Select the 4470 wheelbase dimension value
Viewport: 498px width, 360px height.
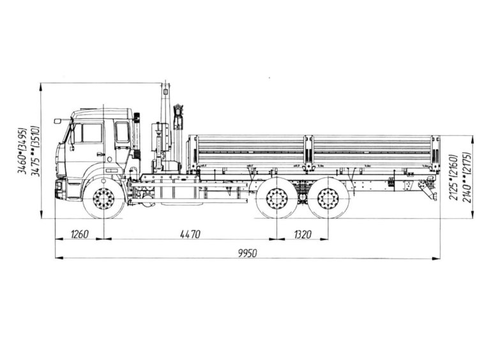187,234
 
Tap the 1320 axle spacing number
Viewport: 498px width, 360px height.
303,234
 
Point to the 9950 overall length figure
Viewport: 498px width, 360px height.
247,253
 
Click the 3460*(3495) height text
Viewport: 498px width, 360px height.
22,151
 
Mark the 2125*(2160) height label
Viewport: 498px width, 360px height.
453,177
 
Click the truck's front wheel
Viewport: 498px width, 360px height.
103,199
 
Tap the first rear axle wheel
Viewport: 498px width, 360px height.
276,199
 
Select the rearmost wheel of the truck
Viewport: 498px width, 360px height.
328,199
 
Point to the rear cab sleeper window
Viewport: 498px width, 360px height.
122,132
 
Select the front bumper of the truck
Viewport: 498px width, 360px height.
60,189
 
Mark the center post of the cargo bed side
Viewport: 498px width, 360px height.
308,153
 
